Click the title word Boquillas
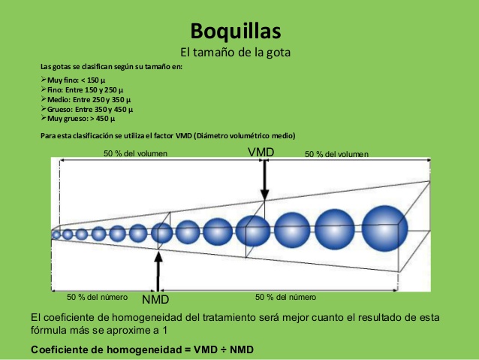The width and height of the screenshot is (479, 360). pos(236,32)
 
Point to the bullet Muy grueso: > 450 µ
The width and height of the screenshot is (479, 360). pos(80,118)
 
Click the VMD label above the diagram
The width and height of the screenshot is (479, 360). pos(261,152)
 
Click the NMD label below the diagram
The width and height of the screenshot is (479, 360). pos(155,299)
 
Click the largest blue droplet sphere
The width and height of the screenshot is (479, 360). pos(384,226)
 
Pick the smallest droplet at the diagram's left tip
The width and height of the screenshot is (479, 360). pos(56,234)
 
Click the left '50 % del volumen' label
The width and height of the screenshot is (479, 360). pos(135,154)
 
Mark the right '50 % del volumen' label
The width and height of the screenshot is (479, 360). pos(336,154)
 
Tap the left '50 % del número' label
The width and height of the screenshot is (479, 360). pos(97,296)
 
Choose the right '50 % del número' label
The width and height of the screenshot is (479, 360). pos(285,296)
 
